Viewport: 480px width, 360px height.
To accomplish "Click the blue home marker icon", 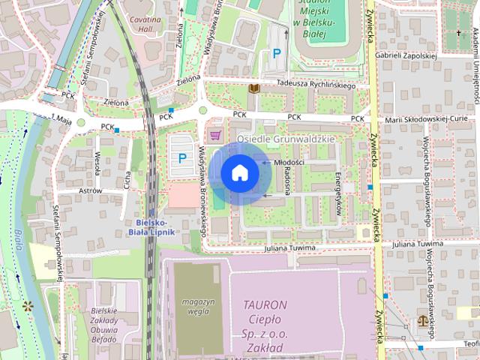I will (239, 173).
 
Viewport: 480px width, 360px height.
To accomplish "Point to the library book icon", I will (253, 88).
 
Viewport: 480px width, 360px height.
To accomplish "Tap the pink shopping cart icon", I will (216, 135).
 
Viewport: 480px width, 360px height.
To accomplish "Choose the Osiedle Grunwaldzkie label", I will (286, 139).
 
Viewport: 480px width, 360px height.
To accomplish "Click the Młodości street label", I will (289, 162).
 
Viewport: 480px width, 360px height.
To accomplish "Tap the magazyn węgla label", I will (198, 307).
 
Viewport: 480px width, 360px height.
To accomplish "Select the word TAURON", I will (265, 304).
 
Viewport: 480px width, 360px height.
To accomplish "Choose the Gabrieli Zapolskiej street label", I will (407, 55).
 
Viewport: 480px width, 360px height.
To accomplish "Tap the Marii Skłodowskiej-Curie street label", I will (427, 118).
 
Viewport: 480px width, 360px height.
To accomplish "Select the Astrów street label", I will (90, 191).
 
